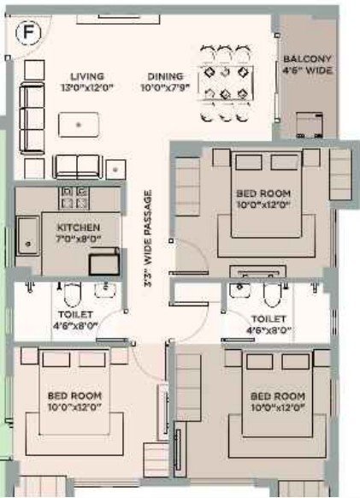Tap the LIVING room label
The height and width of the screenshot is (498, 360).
(x=86, y=75)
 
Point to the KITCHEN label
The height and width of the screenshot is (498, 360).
(x=79, y=227)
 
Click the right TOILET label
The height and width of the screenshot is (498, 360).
(x=269, y=317)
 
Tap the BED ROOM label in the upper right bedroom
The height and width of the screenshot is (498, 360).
(x=263, y=194)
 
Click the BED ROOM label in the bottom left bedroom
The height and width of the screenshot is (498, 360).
(x=74, y=395)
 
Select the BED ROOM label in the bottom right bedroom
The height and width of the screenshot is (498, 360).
(x=277, y=397)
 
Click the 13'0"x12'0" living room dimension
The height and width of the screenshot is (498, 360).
(x=87, y=87)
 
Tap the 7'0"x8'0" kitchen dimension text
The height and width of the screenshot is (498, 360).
(x=79, y=239)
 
